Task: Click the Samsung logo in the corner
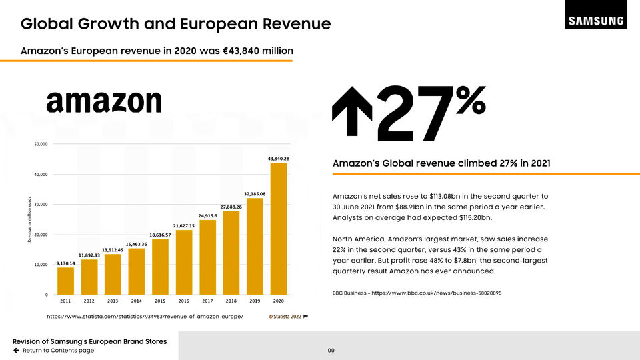click(x=596, y=21)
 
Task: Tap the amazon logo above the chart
click(x=104, y=101)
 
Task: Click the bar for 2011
click(x=65, y=281)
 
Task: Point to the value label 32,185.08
click(x=255, y=194)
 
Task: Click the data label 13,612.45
click(x=113, y=249)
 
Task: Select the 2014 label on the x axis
click(x=136, y=301)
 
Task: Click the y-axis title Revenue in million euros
click(x=31, y=219)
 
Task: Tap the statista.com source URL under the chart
click(x=145, y=316)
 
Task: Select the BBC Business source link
click(x=417, y=293)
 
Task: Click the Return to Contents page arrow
click(x=17, y=351)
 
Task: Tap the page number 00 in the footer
click(x=331, y=351)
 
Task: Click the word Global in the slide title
click(x=49, y=25)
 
